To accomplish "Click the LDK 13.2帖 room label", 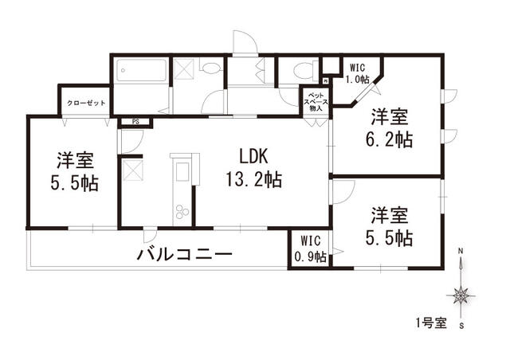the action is (x=254, y=168).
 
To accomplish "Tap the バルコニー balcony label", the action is (x=184, y=254).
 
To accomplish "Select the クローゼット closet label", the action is (x=86, y=103).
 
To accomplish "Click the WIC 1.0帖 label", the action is (x=359, y=73).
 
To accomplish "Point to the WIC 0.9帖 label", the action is (x=310, y=249).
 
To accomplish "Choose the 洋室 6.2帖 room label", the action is (x=389, y=128).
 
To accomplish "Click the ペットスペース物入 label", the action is (x=316, y=102).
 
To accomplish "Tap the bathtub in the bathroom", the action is (x=142, y=71).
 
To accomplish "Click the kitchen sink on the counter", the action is (x=182, y=171).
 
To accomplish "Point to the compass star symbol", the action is (x=461, y=296).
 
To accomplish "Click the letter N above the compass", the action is (x=461, y=251).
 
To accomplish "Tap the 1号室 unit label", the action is (x=431, y=323).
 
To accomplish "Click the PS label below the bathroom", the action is (x=135, y=123).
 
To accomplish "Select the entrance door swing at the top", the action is (x=245, y=41).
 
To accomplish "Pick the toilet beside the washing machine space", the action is (x=211, y=68).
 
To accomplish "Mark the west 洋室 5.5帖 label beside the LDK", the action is (x=74, y=171).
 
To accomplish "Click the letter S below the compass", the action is (x=461, y=326).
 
